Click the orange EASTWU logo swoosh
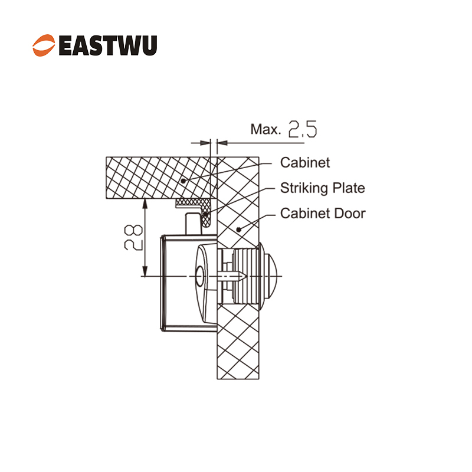point(44,45)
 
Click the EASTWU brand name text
point(108,45)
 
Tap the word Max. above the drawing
point(265,129)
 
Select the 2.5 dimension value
point(303,129)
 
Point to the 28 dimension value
point(133,238)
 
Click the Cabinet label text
point(305,163)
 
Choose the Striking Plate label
point(322,188)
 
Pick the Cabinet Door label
point(323,214)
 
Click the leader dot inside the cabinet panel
point(183,181)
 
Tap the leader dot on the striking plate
point(205,214)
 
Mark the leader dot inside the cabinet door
point(238,230)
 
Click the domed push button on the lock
point(270,276)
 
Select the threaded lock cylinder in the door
point(245,276)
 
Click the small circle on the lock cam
point(199,276)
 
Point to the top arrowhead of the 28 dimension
point(145,203)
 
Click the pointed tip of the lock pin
point(246,276)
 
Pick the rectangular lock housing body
point(189,283)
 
